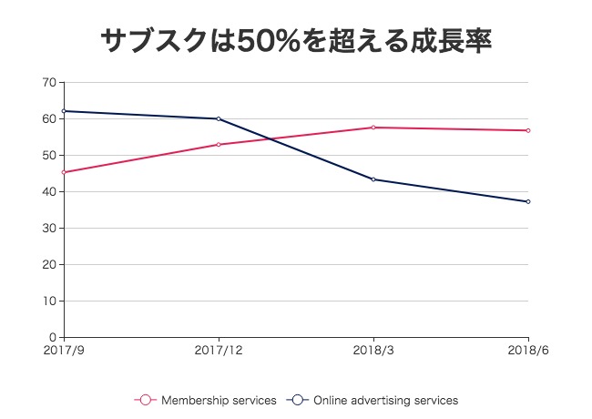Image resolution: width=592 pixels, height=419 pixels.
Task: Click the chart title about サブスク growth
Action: pos(296,40)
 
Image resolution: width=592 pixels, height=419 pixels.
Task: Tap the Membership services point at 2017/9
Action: pos(64,172)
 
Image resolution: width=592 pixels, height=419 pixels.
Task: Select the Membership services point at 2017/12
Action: pos(219,145)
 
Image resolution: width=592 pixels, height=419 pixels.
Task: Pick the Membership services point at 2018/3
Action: pos(373,128)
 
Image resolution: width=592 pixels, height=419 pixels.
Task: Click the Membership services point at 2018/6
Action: pos(528,130)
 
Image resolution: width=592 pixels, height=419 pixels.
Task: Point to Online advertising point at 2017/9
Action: pos(64,111)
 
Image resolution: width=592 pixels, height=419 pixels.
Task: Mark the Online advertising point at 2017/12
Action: pos(219,118)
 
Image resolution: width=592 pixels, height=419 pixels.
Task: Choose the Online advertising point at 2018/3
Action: pos(373,179)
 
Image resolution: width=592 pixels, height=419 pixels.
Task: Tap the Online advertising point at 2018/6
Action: pos(528,201)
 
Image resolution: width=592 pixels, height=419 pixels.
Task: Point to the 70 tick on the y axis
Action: pos(49,82)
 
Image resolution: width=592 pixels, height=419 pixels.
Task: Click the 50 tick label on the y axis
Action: pos(49,155)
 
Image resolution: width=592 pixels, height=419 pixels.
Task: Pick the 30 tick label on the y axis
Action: pos(49,228)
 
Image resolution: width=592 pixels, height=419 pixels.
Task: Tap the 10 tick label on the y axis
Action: pos(49,301)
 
